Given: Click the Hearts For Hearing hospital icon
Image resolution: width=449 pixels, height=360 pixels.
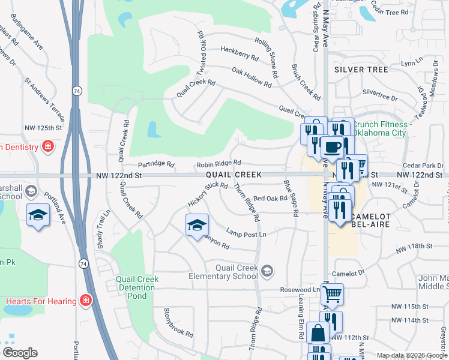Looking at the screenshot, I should point(86,299).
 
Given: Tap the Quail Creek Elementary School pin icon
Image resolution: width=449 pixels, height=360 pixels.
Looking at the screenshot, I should point(267,272).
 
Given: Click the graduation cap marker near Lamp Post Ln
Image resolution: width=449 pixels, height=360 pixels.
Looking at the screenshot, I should point(197,226).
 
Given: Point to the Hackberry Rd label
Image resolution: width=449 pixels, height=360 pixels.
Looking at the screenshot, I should point(239,53).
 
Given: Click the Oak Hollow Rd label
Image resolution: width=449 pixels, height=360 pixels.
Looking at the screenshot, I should point(252,77).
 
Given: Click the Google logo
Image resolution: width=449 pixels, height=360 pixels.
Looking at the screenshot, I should point(19,353).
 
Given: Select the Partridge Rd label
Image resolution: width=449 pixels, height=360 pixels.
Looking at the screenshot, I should point(155,164).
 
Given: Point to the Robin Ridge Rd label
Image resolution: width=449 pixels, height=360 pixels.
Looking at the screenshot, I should point(218,163).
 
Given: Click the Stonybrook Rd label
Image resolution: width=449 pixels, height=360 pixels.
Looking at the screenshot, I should point(178,322).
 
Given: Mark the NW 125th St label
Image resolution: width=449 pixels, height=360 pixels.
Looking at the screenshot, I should point(43,128).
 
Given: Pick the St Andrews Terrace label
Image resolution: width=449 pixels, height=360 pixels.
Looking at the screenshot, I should point(44,97).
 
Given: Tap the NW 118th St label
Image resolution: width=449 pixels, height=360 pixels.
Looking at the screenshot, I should point(414,246).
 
